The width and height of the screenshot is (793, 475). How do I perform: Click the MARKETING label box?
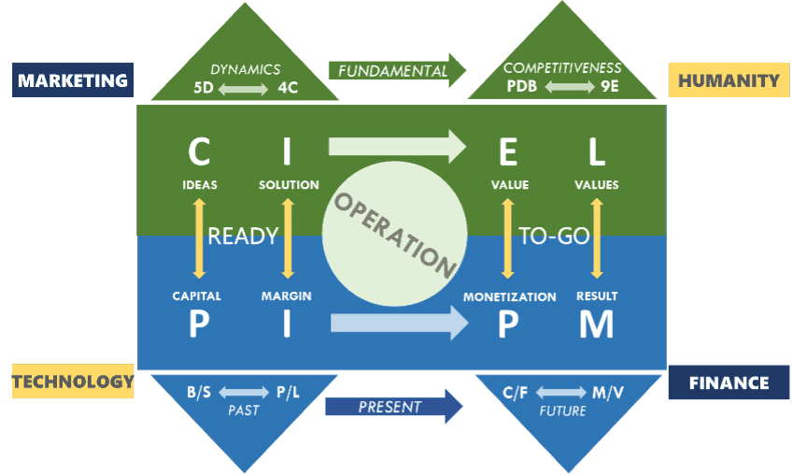pos(73,80)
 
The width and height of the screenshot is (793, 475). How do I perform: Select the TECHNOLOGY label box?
pos(73,381)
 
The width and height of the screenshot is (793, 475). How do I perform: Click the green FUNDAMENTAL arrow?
pos(398,70)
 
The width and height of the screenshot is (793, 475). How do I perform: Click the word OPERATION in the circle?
pos(394,234)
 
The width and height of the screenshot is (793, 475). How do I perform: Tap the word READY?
pos(243,236)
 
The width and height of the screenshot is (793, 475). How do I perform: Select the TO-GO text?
pos(554,236)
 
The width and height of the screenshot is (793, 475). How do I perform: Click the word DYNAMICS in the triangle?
pos(245,68)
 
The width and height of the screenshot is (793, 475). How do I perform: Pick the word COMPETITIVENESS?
pos(561,68)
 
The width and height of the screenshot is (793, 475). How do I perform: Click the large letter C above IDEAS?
pos(199,150)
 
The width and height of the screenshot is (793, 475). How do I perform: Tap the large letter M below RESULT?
pos(596,324)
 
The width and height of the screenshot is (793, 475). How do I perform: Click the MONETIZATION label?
pos(509,296)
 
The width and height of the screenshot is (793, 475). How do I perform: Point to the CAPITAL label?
pos(197,296)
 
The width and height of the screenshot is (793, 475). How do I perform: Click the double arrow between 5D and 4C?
pos(245,88)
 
